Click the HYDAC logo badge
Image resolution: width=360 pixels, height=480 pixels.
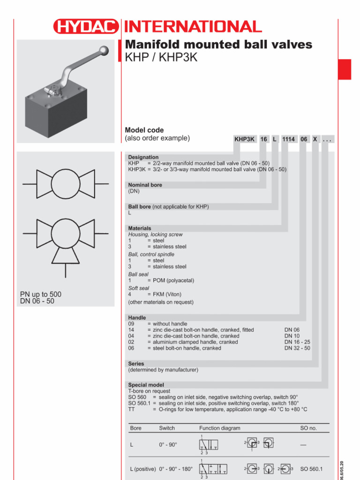click(x=86, y=27)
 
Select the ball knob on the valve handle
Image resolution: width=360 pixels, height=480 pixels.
click(x=105, y=50)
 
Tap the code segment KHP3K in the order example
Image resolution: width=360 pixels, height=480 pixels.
click(x=245, y=140)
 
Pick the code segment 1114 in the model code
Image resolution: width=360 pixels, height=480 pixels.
click(x=288, y=140)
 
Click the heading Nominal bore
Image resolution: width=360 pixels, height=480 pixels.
click(x=145, y=185)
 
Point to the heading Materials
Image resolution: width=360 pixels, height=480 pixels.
click(x=140, y=228)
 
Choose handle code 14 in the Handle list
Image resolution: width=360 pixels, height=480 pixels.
click(x=131, y=330)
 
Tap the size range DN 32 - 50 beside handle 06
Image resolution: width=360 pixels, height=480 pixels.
click(x=297, y=348)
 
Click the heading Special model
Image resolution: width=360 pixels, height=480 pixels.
click(x=146, y=385)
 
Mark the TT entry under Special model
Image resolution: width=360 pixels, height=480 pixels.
click(x=131, y=409)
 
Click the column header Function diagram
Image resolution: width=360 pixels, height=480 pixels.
click(x=219, y=428)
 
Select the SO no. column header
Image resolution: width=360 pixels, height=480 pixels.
click(x=308, y=428)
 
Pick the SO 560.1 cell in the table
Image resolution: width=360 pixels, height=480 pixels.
click(x=311, y=469)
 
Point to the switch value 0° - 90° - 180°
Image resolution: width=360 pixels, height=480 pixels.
click(x=176, y=469)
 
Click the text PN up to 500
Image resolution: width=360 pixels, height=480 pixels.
click(x=41, y=294)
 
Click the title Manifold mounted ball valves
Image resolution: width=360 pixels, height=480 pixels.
click(x=218, y=45)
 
